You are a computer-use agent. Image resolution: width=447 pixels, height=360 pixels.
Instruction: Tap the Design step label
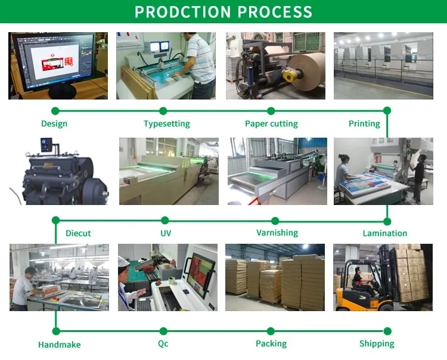coord(54,124)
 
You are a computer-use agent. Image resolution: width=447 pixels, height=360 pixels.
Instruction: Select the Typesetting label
coord(167,124)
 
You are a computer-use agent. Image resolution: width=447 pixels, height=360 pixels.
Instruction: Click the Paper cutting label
coord(271,124)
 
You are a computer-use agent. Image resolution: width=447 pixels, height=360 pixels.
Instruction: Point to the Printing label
coord(364,124)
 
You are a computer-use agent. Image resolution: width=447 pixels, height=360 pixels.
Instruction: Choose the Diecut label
coord(78,233)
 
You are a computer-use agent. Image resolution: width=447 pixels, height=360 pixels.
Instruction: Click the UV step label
coord(166,233)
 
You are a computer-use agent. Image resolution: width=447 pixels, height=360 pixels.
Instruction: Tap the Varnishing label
coord(277,232)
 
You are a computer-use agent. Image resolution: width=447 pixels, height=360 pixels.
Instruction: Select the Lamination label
coord(385,233)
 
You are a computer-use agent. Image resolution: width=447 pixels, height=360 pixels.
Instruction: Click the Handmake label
coord(59,345)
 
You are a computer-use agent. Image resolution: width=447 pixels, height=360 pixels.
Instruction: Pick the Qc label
coord(163,344)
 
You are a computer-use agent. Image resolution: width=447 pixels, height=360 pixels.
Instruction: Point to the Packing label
coord(271,344)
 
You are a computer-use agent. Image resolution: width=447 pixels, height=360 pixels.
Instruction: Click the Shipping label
coord(377,344)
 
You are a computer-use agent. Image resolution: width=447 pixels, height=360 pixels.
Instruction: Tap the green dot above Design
coord(55,111)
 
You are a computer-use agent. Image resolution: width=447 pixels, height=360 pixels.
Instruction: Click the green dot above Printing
coord(387,111)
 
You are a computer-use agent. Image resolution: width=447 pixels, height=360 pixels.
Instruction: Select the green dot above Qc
coord(163,331)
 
